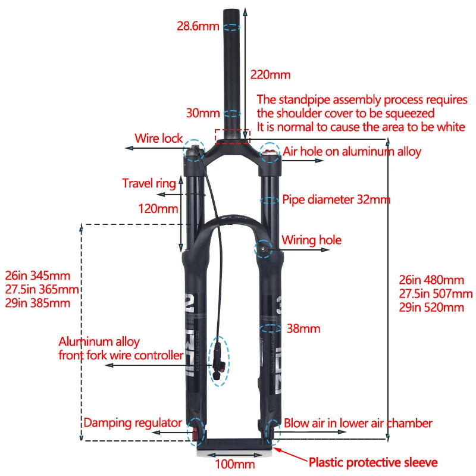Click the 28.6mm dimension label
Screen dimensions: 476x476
tap(198, 26)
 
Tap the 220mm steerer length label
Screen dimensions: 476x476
tap(270, 75)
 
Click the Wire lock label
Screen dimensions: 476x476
tap(159, 139)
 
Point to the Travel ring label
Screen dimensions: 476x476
tap(149, 183)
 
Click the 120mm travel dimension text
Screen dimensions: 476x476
tap(158, 209)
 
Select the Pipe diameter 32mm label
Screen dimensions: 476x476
tap(336, 199)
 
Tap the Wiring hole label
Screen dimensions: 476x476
tap(311, 240)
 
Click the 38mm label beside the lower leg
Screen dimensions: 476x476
tap(303, 328)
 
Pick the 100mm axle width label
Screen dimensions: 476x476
tap(235, 464)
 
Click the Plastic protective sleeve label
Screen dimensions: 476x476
tap(373, 462)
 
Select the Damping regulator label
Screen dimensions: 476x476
tap(133, 423)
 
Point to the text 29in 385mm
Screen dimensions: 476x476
tap(37, 303)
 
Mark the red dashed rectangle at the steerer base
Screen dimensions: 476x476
tap(233, 134)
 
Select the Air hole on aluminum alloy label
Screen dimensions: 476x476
tap(352, 152)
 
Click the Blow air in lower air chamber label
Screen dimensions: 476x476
tap(358, 424)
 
